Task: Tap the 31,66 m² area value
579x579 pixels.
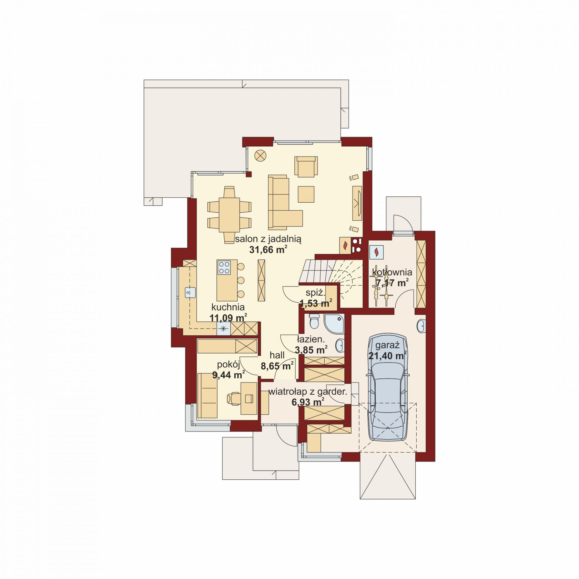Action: pos(268,250)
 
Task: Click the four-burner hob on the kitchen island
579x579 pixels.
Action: pos(224,267)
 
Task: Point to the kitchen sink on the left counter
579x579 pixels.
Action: pos(190,292)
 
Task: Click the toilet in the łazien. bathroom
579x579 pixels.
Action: pos(315,321)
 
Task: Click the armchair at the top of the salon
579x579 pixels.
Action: pos(306,166)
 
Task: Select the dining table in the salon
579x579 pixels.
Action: pos(229,215)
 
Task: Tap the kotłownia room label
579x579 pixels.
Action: pos(392,273)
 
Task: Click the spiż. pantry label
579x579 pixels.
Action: pos(315,293)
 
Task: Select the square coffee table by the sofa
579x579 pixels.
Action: pos(306,194)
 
